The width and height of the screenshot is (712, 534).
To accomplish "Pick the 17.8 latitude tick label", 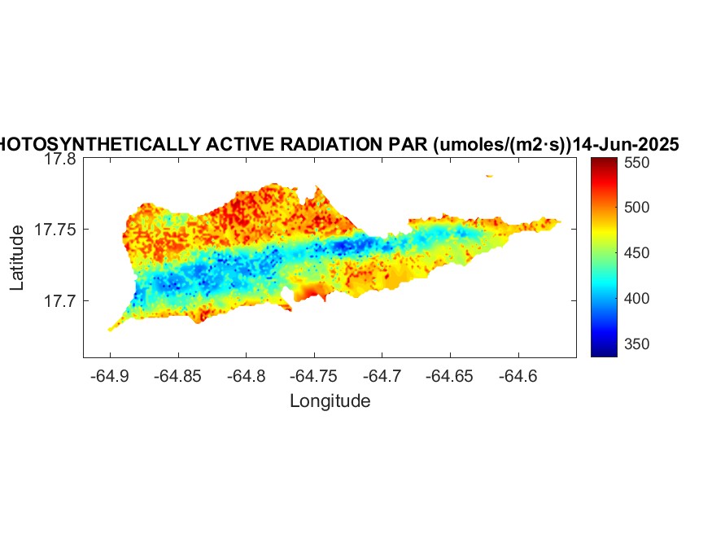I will pos(60,160).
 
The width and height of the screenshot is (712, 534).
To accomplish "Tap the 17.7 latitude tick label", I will pos(60,301).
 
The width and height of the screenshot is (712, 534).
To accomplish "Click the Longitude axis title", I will pos(330,400).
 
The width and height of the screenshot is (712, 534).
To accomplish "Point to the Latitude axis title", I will pos(17,258).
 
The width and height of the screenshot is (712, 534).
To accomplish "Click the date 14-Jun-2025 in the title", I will pos(626,145).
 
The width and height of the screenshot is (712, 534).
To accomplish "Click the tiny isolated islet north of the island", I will pos(489,175).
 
